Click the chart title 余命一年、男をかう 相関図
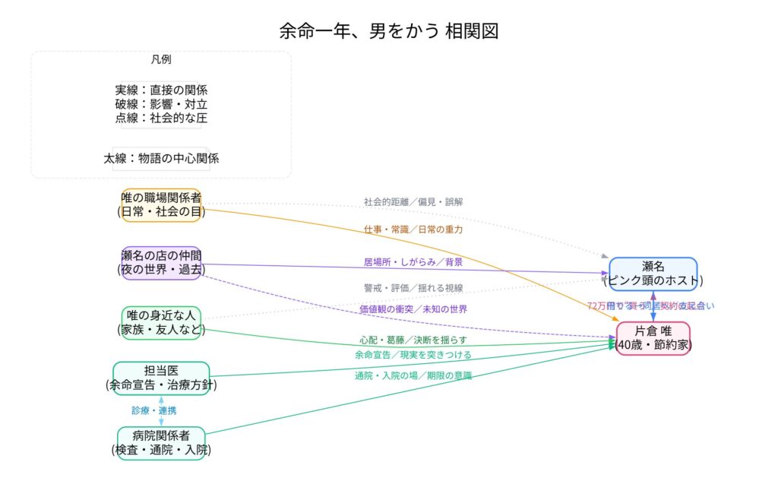point(388,31)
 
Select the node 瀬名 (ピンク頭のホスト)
point(653,274)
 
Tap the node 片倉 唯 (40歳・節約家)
point(653,337)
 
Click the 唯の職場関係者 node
point(161,205)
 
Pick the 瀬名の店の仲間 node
point(161,262)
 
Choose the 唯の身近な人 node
point(161,322)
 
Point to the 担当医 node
point(161,378)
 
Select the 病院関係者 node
point(161,443)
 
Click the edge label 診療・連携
point(154,410)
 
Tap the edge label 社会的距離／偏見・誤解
point(413,202)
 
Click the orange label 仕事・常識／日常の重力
point(413,229)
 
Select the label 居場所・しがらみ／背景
point(413,262)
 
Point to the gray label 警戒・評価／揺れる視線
point(413,288)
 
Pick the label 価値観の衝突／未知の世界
point(413,309)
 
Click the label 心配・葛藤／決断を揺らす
point(413,340)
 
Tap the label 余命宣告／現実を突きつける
point(413,355)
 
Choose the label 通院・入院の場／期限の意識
point(413,375)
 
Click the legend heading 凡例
point(161,60)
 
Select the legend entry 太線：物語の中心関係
point(161,159)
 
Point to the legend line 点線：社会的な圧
point(161,118)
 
